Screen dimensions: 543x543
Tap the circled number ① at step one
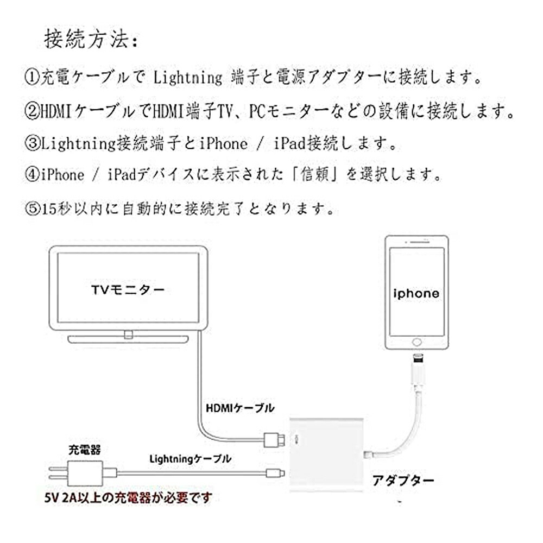33,77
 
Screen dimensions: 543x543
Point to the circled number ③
33,143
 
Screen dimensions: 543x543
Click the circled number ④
33,174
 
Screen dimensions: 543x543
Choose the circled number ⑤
33,209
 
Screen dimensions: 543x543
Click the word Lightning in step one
187,77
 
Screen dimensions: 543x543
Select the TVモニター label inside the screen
128,289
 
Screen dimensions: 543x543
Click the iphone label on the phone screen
416,294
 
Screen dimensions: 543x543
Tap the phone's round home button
417,342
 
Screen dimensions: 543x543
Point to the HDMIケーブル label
239,408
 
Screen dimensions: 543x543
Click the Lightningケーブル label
190,459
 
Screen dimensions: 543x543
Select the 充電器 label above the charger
85,450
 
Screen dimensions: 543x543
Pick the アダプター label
403,481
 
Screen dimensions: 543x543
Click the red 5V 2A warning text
128,497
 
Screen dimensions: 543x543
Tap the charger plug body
86,473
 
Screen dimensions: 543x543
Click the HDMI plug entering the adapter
274,440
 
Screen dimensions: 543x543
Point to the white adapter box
326,454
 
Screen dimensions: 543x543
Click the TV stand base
128,339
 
